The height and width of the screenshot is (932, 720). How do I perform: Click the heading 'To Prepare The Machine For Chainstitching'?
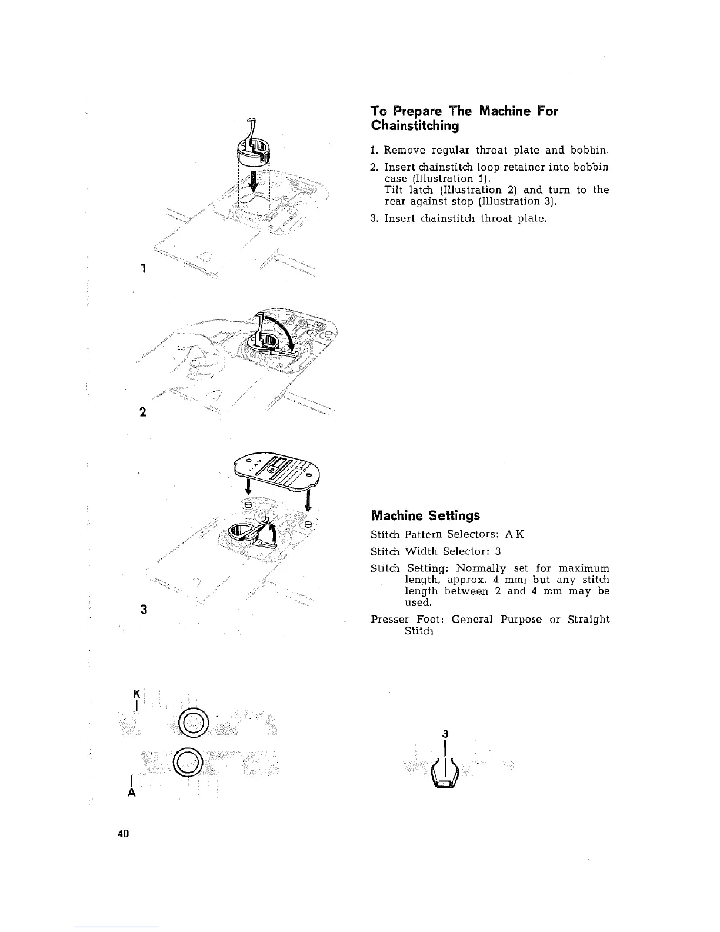coord(464,118)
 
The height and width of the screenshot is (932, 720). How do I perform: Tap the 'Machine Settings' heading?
coord(425,515)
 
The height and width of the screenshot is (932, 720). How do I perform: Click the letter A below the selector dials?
coord(132,793)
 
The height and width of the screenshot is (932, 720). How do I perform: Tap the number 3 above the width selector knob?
coord(446,734)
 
